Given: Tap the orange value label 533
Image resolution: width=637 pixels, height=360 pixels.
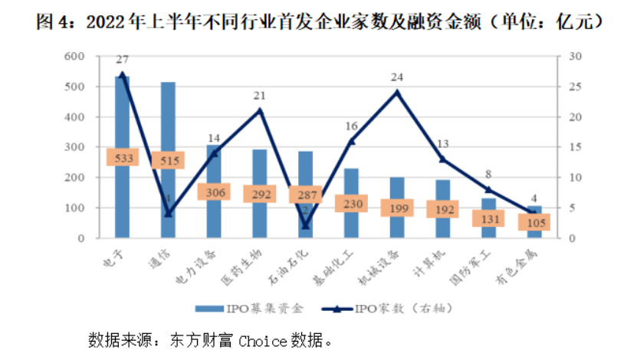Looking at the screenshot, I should pyautogui.click(x=123, y=159).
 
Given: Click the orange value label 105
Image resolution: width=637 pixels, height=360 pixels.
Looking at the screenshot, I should pyautogui.click(x=535, y=222).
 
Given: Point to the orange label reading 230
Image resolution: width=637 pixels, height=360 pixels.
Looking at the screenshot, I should pyautogui.click(x=351, y=204).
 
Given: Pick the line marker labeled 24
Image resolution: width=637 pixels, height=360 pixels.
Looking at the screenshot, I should pyautogui.click(x=397, y=93).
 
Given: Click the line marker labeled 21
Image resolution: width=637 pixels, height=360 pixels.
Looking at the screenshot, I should pyautogui.click(x=260, y=110).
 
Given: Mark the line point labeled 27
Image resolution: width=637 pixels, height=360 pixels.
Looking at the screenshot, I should pyautogui.click(x=123, y=74).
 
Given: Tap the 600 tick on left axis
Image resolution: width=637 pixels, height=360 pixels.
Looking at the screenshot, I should pyautogui.click(x=74, y=56).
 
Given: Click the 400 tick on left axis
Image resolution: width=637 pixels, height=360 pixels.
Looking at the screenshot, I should pyautogui.click(x=74, y=117).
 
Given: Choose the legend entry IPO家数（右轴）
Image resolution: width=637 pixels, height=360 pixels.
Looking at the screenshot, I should pyautogui.click(x=399, y=309).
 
